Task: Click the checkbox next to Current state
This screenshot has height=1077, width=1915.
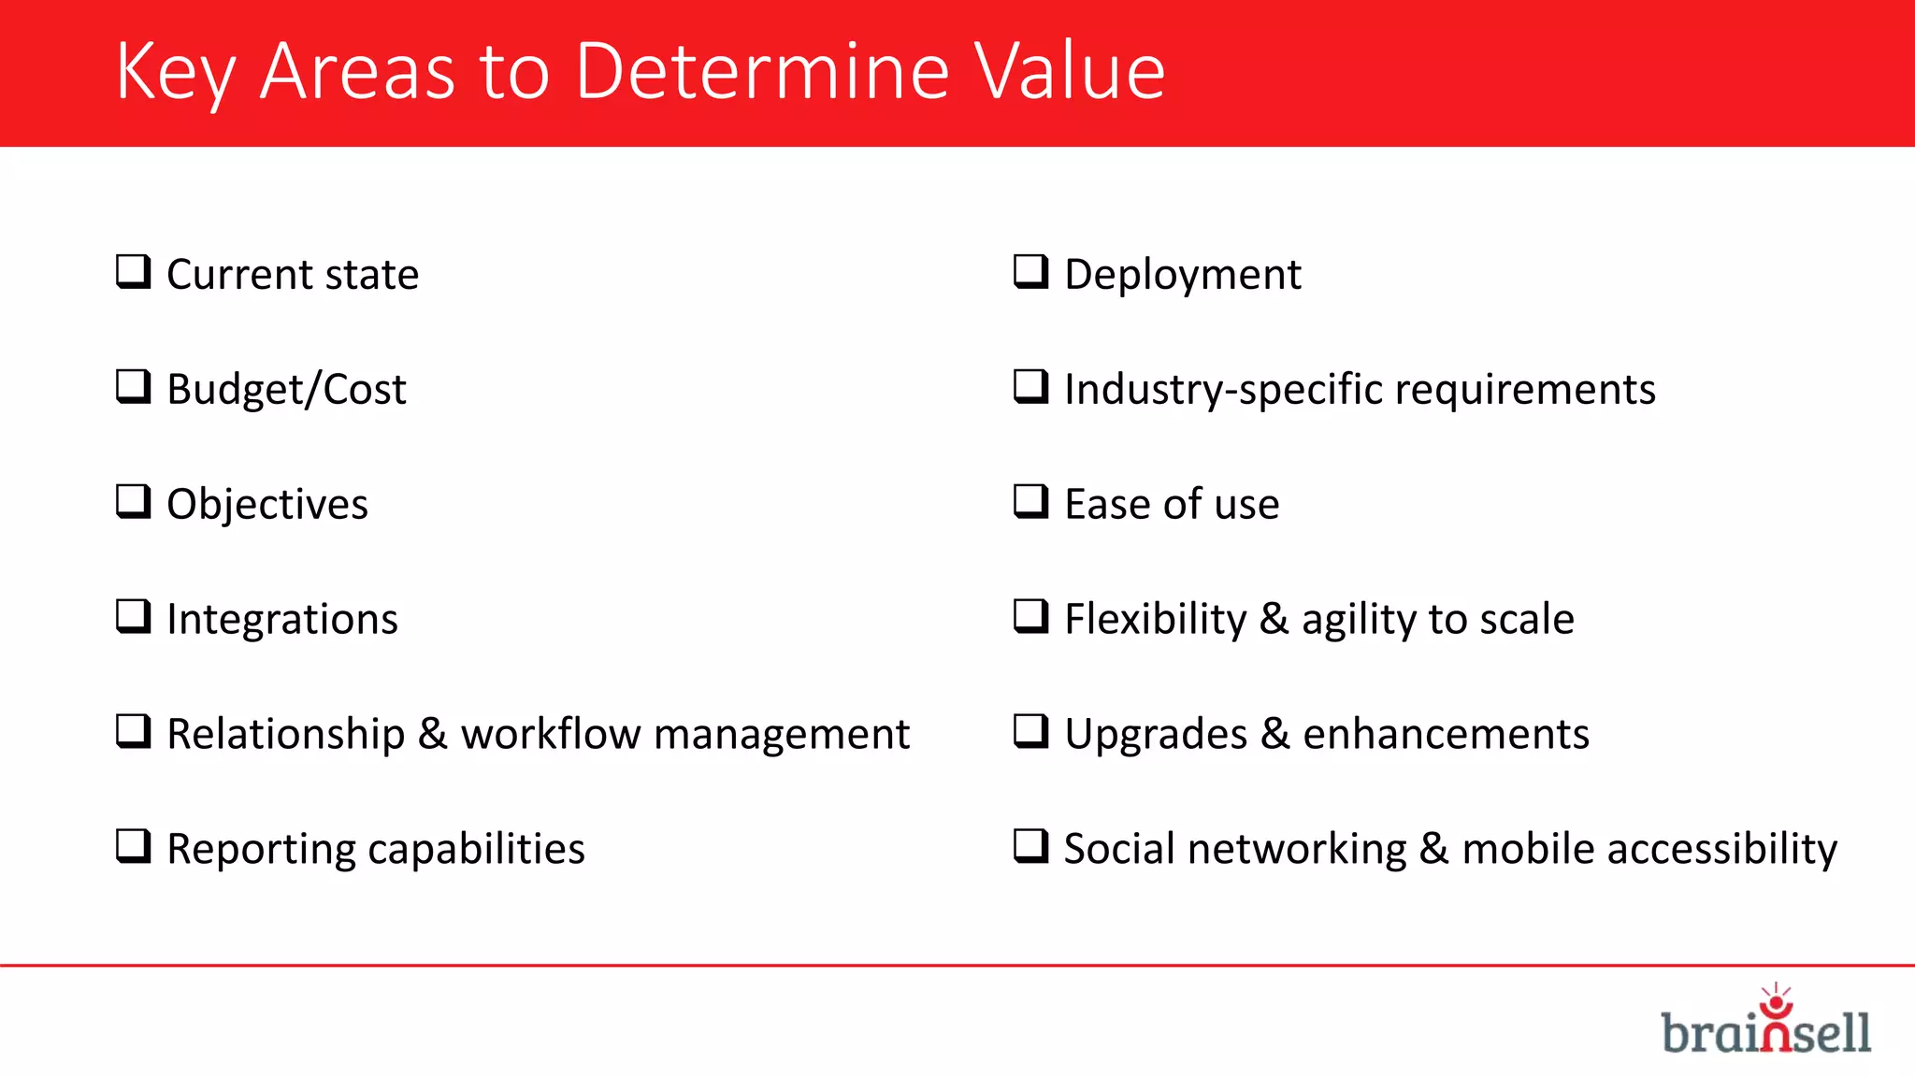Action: [x=133, y=272]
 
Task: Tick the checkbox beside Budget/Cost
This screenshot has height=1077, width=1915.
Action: [x=133, y=387]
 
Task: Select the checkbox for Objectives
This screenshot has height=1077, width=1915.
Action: [x=133, y=502]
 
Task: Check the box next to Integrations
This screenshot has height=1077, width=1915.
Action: [x=133, y=617]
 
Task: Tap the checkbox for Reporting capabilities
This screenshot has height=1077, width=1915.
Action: [x=133, y=847]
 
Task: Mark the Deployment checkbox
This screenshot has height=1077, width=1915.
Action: [x=1030, y=272]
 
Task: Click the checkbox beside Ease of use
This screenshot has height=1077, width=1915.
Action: [x=1030, y=502]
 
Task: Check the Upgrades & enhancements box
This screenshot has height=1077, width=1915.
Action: [x=1030, y=732]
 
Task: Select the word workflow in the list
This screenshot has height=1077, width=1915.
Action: [x=550, y=734]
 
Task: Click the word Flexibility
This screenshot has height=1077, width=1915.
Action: [x=1156, y=619]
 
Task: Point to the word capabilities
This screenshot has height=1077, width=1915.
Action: [x=476, y=849]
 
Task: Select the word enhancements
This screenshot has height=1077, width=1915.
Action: [x=1446, y=734]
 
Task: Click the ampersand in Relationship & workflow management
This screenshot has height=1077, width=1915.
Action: [x=432, y=734]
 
